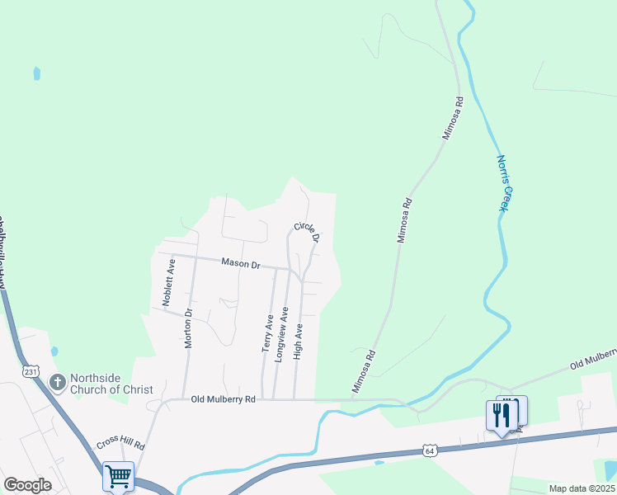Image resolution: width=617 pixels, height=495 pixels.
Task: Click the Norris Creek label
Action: (505, 183)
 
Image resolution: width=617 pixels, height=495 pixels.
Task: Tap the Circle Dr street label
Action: (306, 232)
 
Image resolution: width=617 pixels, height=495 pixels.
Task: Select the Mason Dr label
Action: (241, 264)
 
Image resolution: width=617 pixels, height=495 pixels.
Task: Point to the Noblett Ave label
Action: (169, 283)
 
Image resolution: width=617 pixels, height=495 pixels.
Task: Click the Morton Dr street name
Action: (189, 328)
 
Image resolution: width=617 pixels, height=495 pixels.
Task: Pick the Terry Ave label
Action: (268, 333)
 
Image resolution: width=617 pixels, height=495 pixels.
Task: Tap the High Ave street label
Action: (299, 341)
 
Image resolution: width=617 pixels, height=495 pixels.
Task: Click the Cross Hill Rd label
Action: (121, 442)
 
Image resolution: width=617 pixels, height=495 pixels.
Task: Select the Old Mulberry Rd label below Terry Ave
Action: (224, 399)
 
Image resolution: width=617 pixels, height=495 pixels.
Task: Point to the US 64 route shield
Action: (430, 450)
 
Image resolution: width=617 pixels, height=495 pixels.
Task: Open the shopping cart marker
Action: (118, 475)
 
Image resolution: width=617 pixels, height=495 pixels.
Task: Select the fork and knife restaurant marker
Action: (501, 414)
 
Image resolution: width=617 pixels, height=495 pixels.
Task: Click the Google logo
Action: (27, 485)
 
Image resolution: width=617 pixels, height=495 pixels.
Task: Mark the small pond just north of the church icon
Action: (54, 351)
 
